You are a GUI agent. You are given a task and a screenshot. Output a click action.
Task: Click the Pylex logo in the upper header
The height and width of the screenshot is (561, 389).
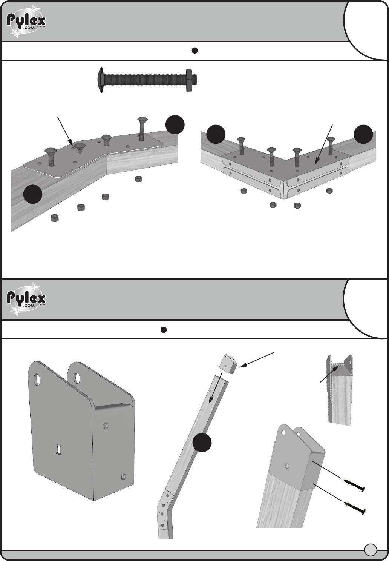coord(26,21)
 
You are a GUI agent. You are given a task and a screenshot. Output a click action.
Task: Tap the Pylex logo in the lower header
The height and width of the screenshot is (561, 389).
coord(26,300)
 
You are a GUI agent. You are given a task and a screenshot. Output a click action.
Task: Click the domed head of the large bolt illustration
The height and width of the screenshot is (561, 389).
coord(101,79)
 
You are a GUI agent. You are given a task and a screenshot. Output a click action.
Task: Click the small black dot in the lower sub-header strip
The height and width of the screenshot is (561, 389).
coord(164,330)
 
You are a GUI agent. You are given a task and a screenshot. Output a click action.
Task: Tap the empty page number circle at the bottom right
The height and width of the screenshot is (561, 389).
coord(371,550)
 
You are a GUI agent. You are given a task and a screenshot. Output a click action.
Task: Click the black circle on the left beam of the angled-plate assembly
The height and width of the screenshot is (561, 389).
coord(33,195)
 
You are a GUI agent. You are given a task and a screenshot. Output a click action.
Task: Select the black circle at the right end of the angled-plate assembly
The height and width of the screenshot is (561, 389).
coord(175,125)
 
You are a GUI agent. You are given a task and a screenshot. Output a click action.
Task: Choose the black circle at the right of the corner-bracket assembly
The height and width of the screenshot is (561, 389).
coord(363,135)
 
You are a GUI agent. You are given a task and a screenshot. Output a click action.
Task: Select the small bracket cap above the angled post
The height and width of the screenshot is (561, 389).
coord(228,364)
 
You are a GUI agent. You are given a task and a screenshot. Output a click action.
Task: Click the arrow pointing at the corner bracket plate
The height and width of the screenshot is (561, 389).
coord(324,143)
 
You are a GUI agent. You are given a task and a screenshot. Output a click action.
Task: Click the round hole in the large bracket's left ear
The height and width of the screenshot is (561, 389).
coord(38,379)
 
